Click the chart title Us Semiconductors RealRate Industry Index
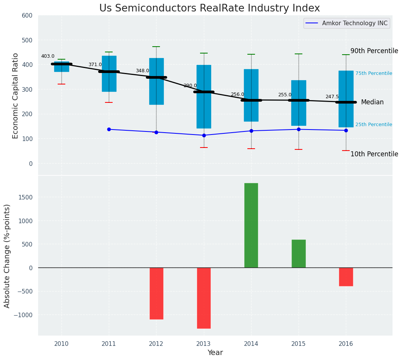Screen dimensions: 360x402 coord(210,8)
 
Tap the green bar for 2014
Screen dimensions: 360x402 coord(251,225)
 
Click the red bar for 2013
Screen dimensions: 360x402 coord(204,298)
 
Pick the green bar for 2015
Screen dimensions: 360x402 coord(299,253)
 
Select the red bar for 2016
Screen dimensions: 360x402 coord(346,277)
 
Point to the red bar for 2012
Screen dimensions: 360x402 coord(157,293)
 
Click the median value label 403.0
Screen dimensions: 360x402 coord(48,57)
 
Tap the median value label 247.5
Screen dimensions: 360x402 coord(332,97)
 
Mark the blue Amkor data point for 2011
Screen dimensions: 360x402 coord(109,129)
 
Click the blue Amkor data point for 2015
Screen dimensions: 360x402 coord(299,129)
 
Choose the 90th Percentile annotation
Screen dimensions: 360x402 coord(374,51)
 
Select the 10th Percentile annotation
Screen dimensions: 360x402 coord(374,154)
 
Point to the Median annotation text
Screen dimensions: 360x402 coord(372,102)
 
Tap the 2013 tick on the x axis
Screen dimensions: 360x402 coord(204,344)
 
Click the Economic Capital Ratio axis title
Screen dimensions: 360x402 coord(16,96)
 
